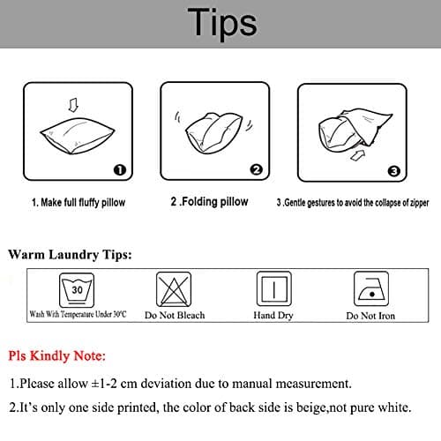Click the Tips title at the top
[x=222, y=23]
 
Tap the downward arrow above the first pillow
[x=73, y=105]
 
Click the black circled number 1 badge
[x=120, y=170]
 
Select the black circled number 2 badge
[x=257, y=169]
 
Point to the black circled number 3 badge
[x=394, y=171]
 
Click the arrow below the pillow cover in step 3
[x=358, y=155]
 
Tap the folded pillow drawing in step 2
[x=213, y=133]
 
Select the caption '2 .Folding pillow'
[x=209, y=202]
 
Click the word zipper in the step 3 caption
[x=420, y=203]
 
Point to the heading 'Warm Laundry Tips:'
[x=70, y=255]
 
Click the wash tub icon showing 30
[x=77, y=290]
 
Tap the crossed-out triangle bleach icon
[x=174, y=289]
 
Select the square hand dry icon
[x=274, y=288]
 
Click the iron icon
[x=371, y=288]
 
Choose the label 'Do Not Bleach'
[x=175, y=315]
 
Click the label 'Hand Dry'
[x=273, y=316]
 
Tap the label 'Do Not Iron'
[x=370, y=316]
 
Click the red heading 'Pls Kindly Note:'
[x=56, y=356]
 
